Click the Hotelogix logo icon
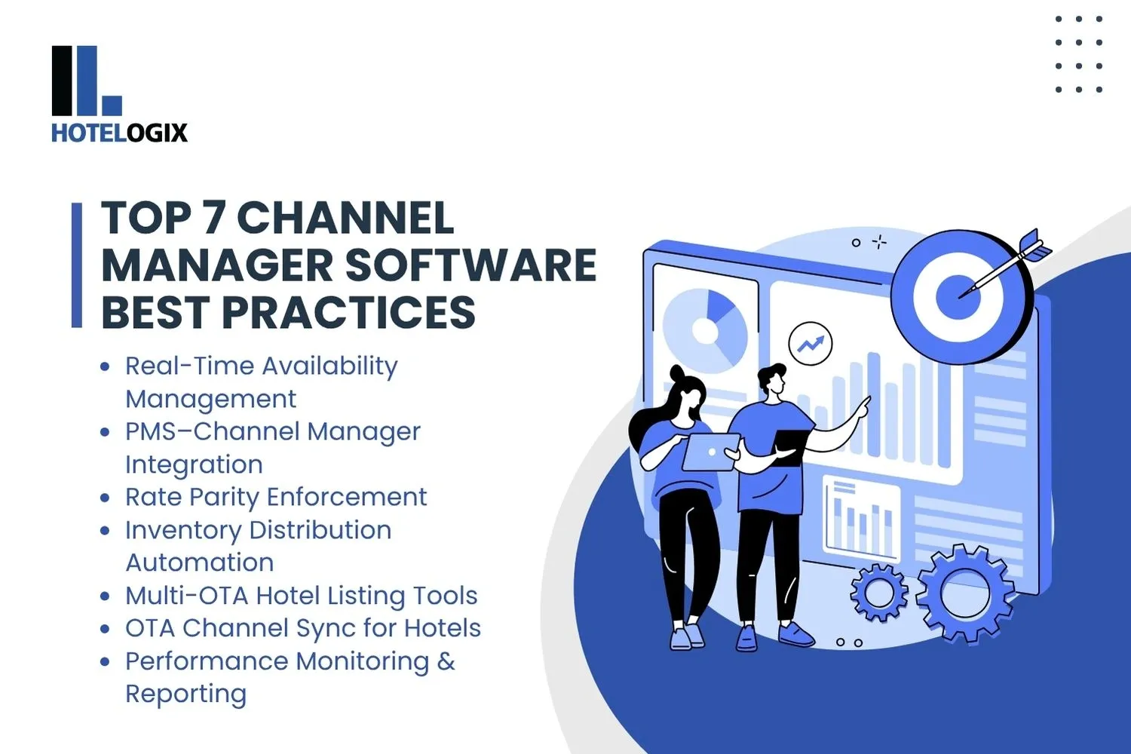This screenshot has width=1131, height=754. tap(86, 80)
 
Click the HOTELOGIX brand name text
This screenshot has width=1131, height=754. tap(119, 133)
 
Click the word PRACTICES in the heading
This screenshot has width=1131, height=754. tap(348, 313)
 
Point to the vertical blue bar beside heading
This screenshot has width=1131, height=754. tap(76, 265)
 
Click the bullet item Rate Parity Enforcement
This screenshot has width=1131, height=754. tap(275, 497)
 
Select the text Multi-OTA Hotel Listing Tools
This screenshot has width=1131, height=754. tap(301, 596)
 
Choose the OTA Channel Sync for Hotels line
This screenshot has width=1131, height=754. tap(302, 628)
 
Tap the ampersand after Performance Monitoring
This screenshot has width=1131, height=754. tap(446, 661)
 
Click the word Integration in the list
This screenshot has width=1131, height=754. tap(194, 464)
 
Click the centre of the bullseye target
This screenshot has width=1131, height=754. tap(958, 296)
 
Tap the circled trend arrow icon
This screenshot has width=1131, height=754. tap(811, 344)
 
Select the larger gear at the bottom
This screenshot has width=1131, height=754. tap(965, 593)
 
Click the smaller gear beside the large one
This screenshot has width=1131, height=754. tap(879, 593)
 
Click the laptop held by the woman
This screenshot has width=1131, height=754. tap(710, 452)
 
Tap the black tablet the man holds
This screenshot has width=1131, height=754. tap(789, 447)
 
